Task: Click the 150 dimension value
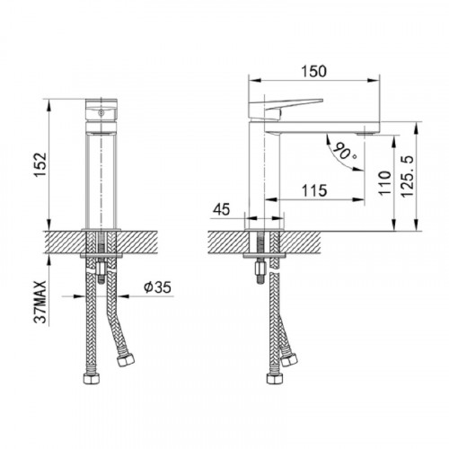(x=313, y=72)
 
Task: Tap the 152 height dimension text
(x=40, y=165)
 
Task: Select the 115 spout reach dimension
(x=314, y=190)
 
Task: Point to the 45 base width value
(x=222, y=209)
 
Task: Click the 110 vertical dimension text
(x=385, y=183)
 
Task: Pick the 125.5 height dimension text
(x=408, y=176)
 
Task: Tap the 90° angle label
(x=344, y=151)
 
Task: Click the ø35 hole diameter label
(x=157, y=287)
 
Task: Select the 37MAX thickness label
(x=40, y=303)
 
